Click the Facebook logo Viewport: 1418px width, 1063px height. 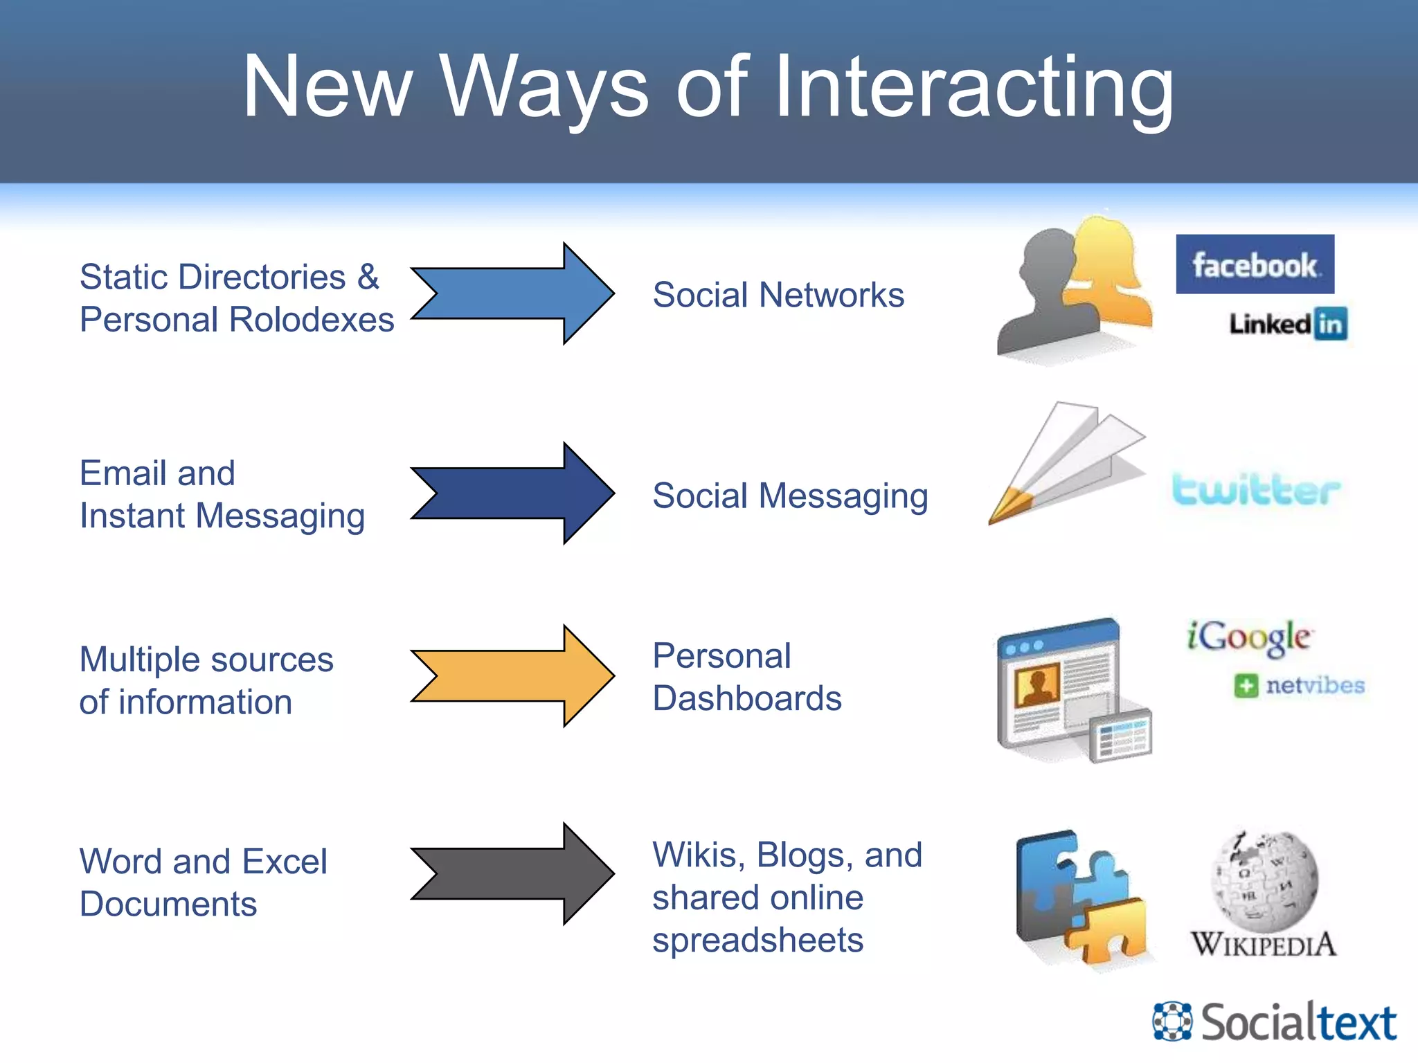(1255, 264)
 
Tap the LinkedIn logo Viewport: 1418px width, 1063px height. (1288, 324)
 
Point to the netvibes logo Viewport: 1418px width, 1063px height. (1300, 685)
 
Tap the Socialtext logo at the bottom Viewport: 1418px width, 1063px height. (1275, 1021)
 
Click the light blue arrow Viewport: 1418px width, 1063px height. (512, 293)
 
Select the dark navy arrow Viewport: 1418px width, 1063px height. (512, 493)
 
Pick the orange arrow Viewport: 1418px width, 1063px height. (512, 675)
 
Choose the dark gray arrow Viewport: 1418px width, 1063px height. (512, 874)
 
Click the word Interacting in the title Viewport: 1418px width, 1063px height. (973, 89)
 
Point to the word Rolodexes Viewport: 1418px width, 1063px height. (311, 320)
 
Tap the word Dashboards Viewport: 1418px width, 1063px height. (747, 698)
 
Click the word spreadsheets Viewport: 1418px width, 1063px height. (757, 940)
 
